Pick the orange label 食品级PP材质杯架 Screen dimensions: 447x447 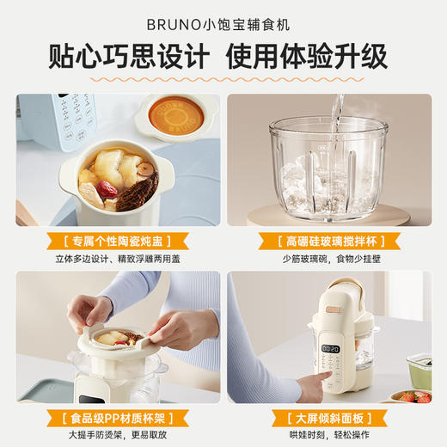coord(117,419)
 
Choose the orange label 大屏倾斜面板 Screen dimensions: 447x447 coord(329,419)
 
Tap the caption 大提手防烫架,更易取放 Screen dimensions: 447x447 coord(117,436)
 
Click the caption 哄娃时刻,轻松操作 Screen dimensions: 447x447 coord(329,436)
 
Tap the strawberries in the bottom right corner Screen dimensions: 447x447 coord(414,396)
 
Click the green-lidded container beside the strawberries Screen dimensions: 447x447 coord(420,367)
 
